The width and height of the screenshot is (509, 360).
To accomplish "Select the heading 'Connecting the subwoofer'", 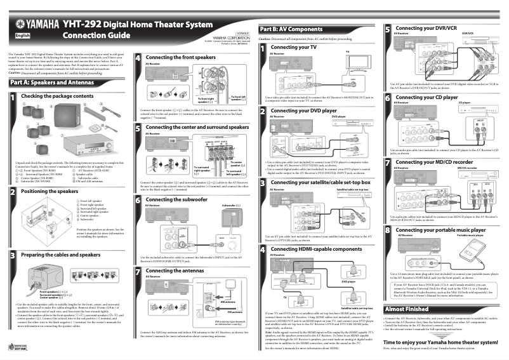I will tap(177, 199).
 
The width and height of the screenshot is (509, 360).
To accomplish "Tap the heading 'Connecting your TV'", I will tap(293, 48).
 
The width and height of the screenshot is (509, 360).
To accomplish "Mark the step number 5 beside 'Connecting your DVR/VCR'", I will tap(388, 29).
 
